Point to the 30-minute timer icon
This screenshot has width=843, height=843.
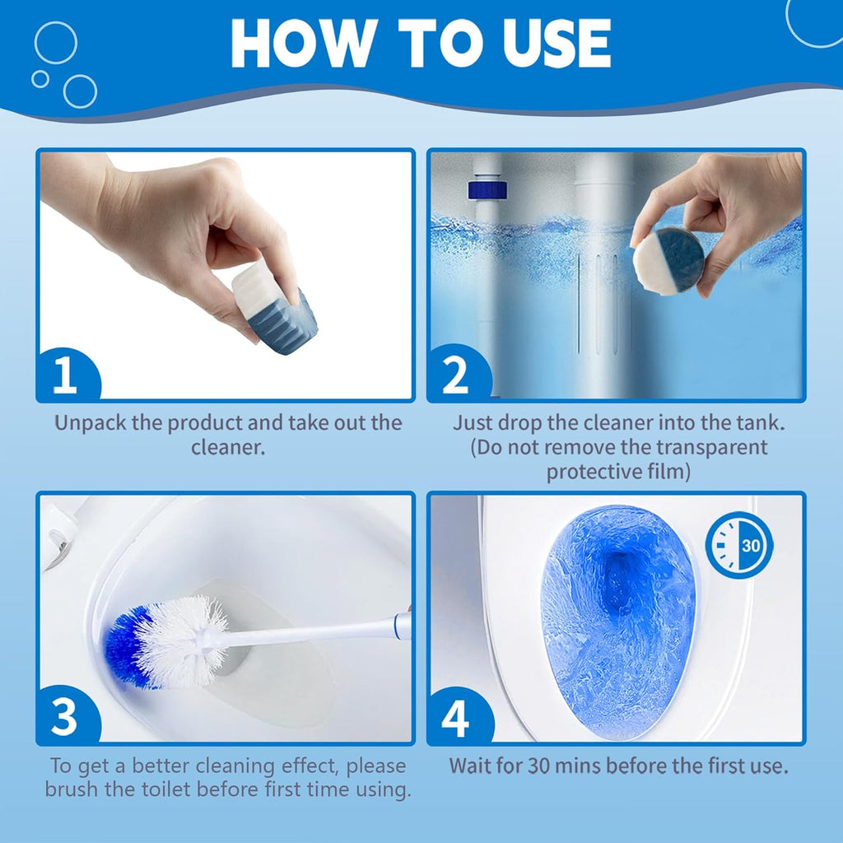click(x=738, y=545)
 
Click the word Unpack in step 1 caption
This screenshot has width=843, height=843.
click(x=91, y=424)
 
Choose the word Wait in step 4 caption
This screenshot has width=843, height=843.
click(x=470, y=766)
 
